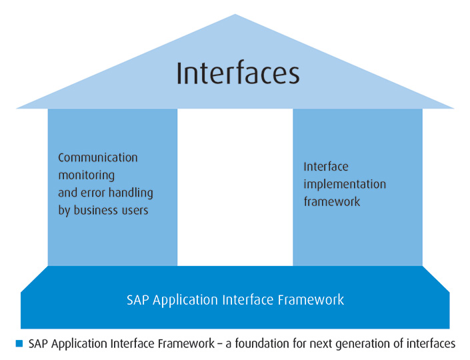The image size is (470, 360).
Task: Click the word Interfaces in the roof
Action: click(238, 73)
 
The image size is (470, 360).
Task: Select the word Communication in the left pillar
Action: click(98, 158)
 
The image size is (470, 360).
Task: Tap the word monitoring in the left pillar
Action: click(87, 175)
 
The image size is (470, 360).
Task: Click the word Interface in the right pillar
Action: click(326, 167)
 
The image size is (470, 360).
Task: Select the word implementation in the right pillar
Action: click(345, 184)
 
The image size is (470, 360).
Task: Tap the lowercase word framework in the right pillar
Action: click(332, 201)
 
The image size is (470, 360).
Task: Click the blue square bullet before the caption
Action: click(19, 343)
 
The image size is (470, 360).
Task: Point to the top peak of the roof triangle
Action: click(235, 15)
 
